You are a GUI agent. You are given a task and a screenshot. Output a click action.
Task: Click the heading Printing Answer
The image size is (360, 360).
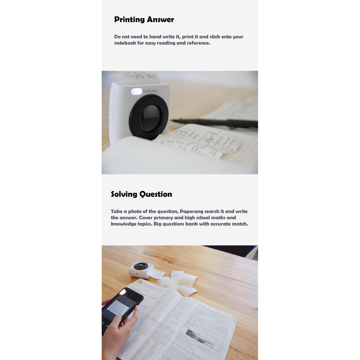(x=144, y=20)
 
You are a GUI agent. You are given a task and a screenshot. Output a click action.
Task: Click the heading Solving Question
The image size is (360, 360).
(x=141, y=194)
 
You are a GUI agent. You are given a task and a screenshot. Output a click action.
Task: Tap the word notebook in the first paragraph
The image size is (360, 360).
(x=125, y=43)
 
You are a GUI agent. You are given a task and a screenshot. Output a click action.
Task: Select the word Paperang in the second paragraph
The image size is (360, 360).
(x=193, y=211)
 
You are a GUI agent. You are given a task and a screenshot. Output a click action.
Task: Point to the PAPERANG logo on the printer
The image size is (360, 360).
(x=150, y=91)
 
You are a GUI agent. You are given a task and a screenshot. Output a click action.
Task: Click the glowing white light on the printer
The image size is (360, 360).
(x=136, y=91)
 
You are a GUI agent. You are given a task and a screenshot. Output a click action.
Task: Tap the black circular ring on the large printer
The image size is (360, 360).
(x=149, y=117)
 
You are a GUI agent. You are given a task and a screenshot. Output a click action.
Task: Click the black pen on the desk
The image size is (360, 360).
(x=218, y=122)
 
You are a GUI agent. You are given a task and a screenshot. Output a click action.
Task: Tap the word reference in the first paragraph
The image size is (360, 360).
(x=198, y=43)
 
